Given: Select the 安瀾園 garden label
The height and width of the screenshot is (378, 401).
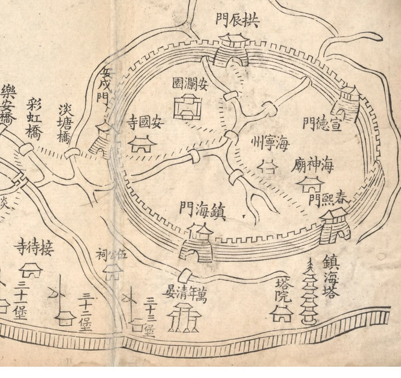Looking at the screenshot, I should [190, 84].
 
